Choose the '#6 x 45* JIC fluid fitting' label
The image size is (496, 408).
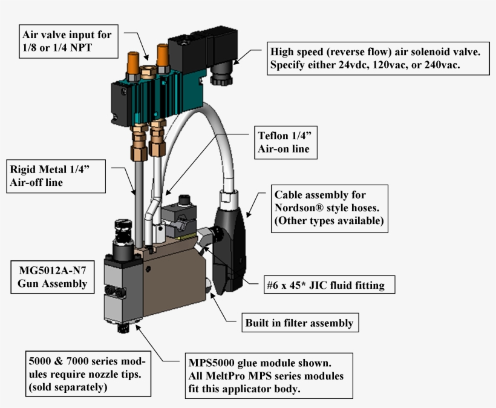click(x=325, y=285)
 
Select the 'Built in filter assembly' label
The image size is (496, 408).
click(x=299, y=323)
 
